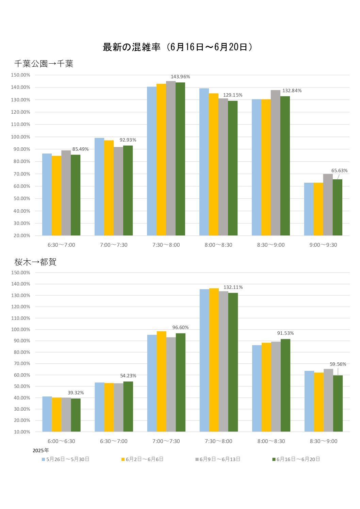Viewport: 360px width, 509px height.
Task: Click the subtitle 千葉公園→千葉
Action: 44,64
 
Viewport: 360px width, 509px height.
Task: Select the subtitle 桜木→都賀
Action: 35,262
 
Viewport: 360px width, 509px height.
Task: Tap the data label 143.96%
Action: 180,77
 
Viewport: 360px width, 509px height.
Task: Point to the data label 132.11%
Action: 233,288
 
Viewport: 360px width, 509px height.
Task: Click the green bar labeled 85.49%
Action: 76,195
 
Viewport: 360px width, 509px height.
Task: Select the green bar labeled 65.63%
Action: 338,207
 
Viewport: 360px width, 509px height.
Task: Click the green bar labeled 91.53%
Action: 285,385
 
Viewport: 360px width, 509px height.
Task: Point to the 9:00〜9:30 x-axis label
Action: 323,245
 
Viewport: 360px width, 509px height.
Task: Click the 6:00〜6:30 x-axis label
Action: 61,441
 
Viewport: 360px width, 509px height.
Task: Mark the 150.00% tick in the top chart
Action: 21,75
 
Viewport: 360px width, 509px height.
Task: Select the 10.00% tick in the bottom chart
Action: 22,432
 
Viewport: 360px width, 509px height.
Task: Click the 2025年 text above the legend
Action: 41,450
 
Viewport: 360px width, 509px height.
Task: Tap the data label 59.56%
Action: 338,364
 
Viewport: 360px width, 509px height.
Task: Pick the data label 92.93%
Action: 128,140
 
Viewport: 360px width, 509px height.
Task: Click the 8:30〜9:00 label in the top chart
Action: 271,245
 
